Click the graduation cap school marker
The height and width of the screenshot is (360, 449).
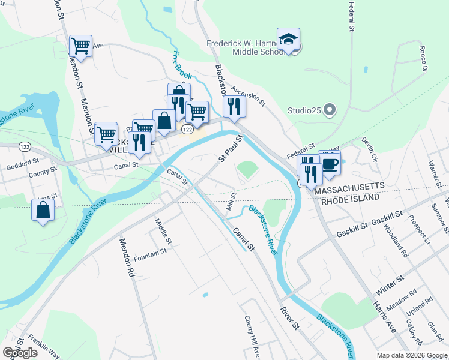[288, 40]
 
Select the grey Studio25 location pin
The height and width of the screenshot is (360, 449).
[329, 110]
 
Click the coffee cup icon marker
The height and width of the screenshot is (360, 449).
[329, 162]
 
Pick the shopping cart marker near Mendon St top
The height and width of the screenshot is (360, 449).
[80, 45]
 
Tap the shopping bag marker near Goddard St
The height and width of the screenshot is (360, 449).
[43, 211]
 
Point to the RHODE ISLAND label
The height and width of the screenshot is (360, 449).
[350, 198]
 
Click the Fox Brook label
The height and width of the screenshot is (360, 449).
[181, 65]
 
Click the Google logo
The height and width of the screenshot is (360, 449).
[20, 352]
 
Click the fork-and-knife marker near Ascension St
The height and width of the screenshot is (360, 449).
[233, 106]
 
